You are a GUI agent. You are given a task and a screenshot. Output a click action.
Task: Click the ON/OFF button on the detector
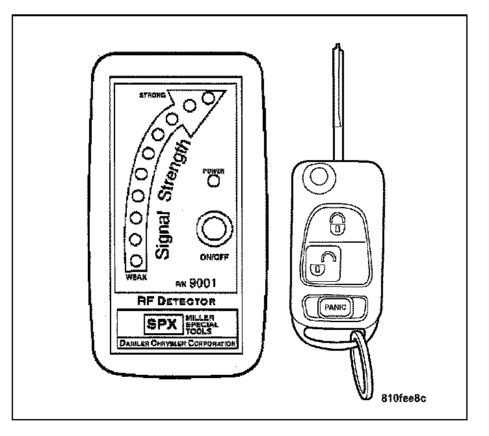212,230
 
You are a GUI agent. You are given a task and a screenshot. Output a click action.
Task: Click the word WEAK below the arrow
135,277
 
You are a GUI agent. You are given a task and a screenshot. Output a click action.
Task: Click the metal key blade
337,104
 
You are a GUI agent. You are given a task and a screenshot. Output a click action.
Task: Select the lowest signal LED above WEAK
136,261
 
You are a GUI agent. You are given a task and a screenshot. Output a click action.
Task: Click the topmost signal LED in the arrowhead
209,98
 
